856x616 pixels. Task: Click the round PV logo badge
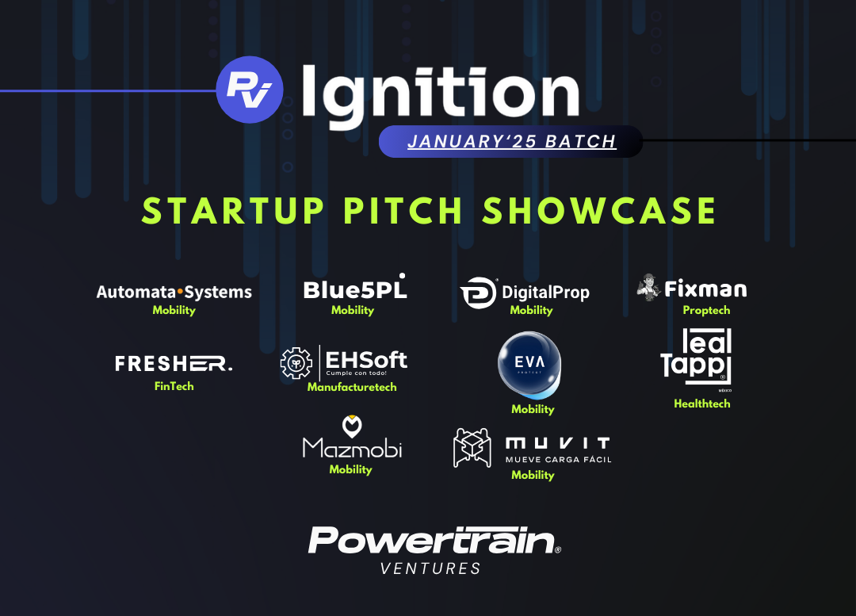(249, 90)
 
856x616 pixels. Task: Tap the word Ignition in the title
(440, 94)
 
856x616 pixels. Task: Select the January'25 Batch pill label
(511, 142)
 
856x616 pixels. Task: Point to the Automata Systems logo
(174, 292)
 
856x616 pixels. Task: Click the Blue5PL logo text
(354, 289)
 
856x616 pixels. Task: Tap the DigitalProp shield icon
(478, 293)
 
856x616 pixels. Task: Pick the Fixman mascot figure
(648, 287)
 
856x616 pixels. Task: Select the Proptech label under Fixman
(706, 310)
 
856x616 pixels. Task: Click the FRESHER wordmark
(174, 364)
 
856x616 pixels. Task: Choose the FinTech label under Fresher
(174, 386)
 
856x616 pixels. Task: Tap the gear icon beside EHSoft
(296, 363)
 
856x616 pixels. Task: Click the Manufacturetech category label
(352, 387)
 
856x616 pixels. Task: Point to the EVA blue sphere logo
(529, 364)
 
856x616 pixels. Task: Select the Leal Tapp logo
(697, 358)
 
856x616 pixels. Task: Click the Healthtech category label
(701, 404)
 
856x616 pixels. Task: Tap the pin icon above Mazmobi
(352, 425)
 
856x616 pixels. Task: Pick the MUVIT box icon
(472, 447)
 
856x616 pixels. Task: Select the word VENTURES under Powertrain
(430, 568)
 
